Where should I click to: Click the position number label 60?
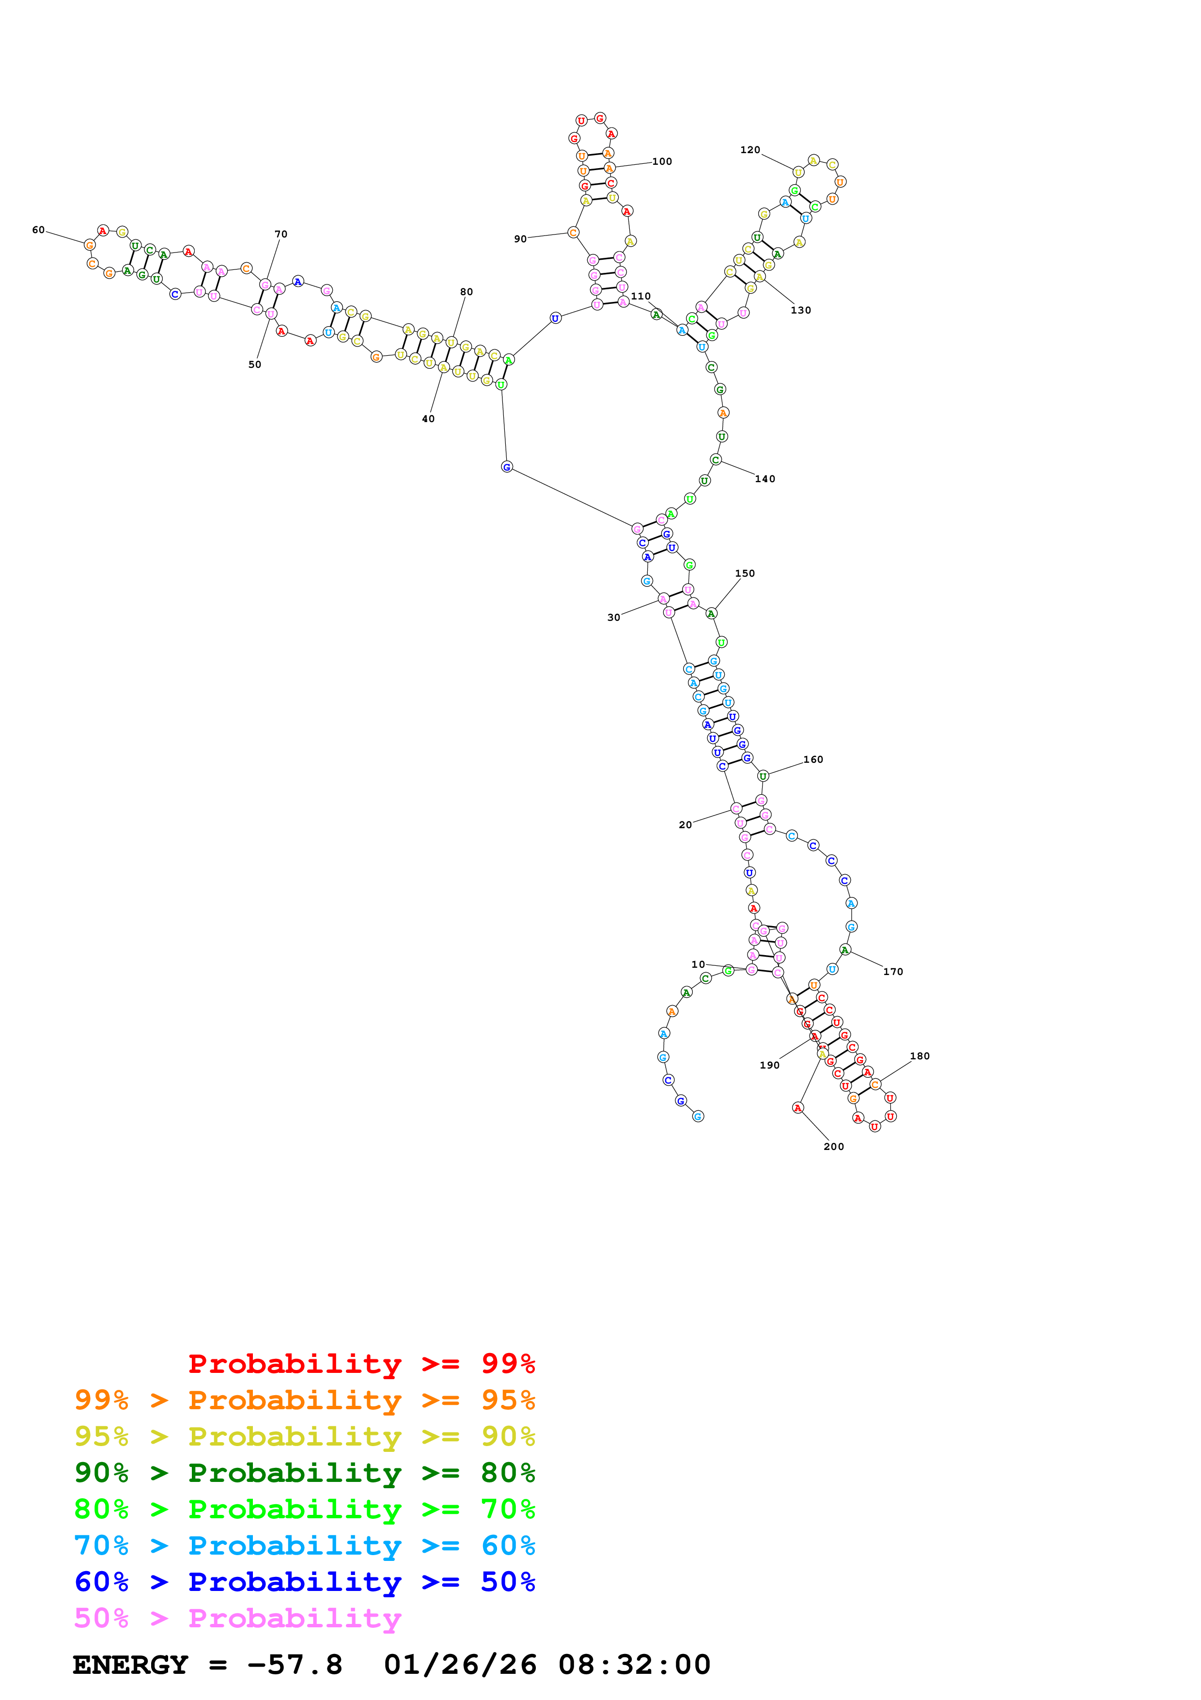(x=38, y=230)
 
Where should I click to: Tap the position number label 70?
(x=281, y=234)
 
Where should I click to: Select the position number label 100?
(x=662, y=161)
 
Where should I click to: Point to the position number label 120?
(x=750, y=150)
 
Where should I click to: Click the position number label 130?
(x=801, y=310)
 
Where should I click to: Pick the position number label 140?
(x=765, y=479)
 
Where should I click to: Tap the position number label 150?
(x=745, y=573)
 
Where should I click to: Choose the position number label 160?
(x=813, y=760)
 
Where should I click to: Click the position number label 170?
(x=893, y=972)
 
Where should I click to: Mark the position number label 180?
(x=920, y=1056)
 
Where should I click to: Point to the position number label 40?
(x=428, y=419)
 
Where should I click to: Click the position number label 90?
(x=520, y=239)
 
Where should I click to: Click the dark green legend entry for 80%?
(x=304, y=1473)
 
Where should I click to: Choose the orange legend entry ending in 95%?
(x=304, y=1400)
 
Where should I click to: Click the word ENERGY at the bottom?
(x=130, y=1665)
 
